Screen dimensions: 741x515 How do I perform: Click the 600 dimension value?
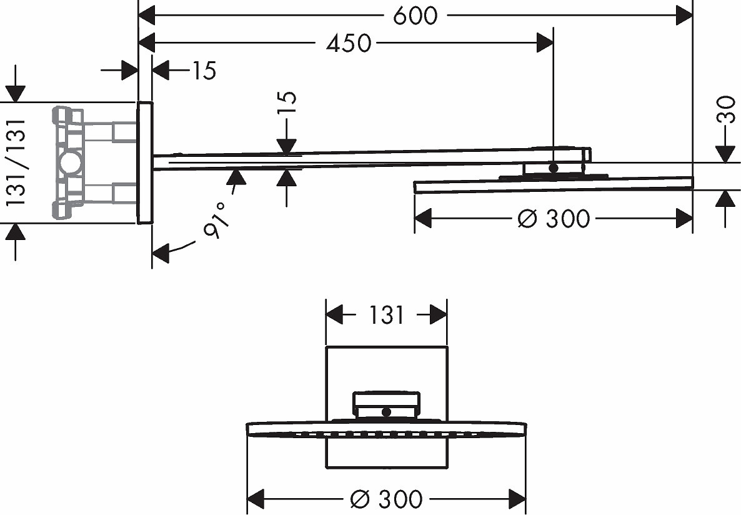pos(415,16)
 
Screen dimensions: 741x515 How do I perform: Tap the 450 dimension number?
pos(349,44)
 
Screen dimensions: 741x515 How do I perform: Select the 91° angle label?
pos(216,220)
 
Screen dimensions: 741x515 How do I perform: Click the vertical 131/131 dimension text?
pos(16,162)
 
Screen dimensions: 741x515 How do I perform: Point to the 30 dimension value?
pos(727,109)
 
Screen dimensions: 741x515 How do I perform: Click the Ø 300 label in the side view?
pos(554,219)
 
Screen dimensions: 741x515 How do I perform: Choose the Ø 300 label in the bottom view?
pos(387,499)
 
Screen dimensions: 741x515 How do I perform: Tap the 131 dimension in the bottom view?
pos(386,315)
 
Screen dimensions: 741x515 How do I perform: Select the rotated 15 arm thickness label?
pos(287,102)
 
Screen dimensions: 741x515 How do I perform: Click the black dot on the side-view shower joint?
pos(554,167)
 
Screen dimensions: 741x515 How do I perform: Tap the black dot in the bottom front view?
pos(387,412)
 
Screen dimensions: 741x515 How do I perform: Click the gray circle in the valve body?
pos(71,162)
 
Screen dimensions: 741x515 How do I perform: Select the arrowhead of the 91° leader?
pos(161,253)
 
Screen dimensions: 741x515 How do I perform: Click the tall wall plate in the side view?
pos(145,162)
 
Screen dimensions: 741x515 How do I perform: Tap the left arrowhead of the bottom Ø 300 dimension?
pos(256,499)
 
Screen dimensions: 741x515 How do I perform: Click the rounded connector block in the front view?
pos(387,405)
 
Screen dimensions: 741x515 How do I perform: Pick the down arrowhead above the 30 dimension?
pos(725,154)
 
